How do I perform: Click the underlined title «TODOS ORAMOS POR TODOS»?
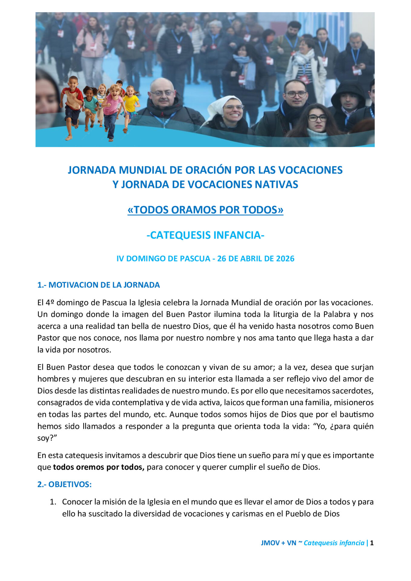(205, 210)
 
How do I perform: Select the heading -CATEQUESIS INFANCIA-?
(205, 235)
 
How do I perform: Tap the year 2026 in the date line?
(285, 259)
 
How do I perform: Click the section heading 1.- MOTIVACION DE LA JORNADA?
(98, 285)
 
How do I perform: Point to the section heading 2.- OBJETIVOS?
(64, 484)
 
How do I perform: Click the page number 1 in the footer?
(372, 543)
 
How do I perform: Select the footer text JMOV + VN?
(278, 543)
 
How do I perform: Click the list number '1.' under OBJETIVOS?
(53, 502)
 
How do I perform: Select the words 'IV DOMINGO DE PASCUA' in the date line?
(163, 259)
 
